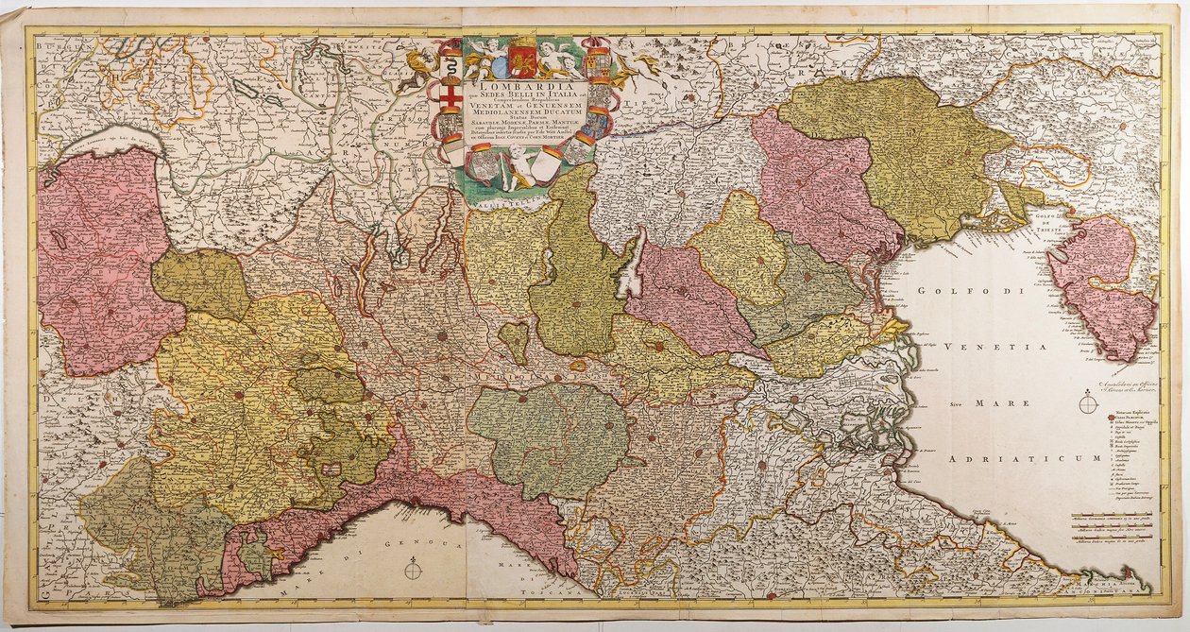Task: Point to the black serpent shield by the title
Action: pyautogui.click(x=450, y=68)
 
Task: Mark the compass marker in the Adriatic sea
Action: pyautogui.click(x=1089, y=404)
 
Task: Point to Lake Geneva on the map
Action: pyautogui.click(x=104, y=143)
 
